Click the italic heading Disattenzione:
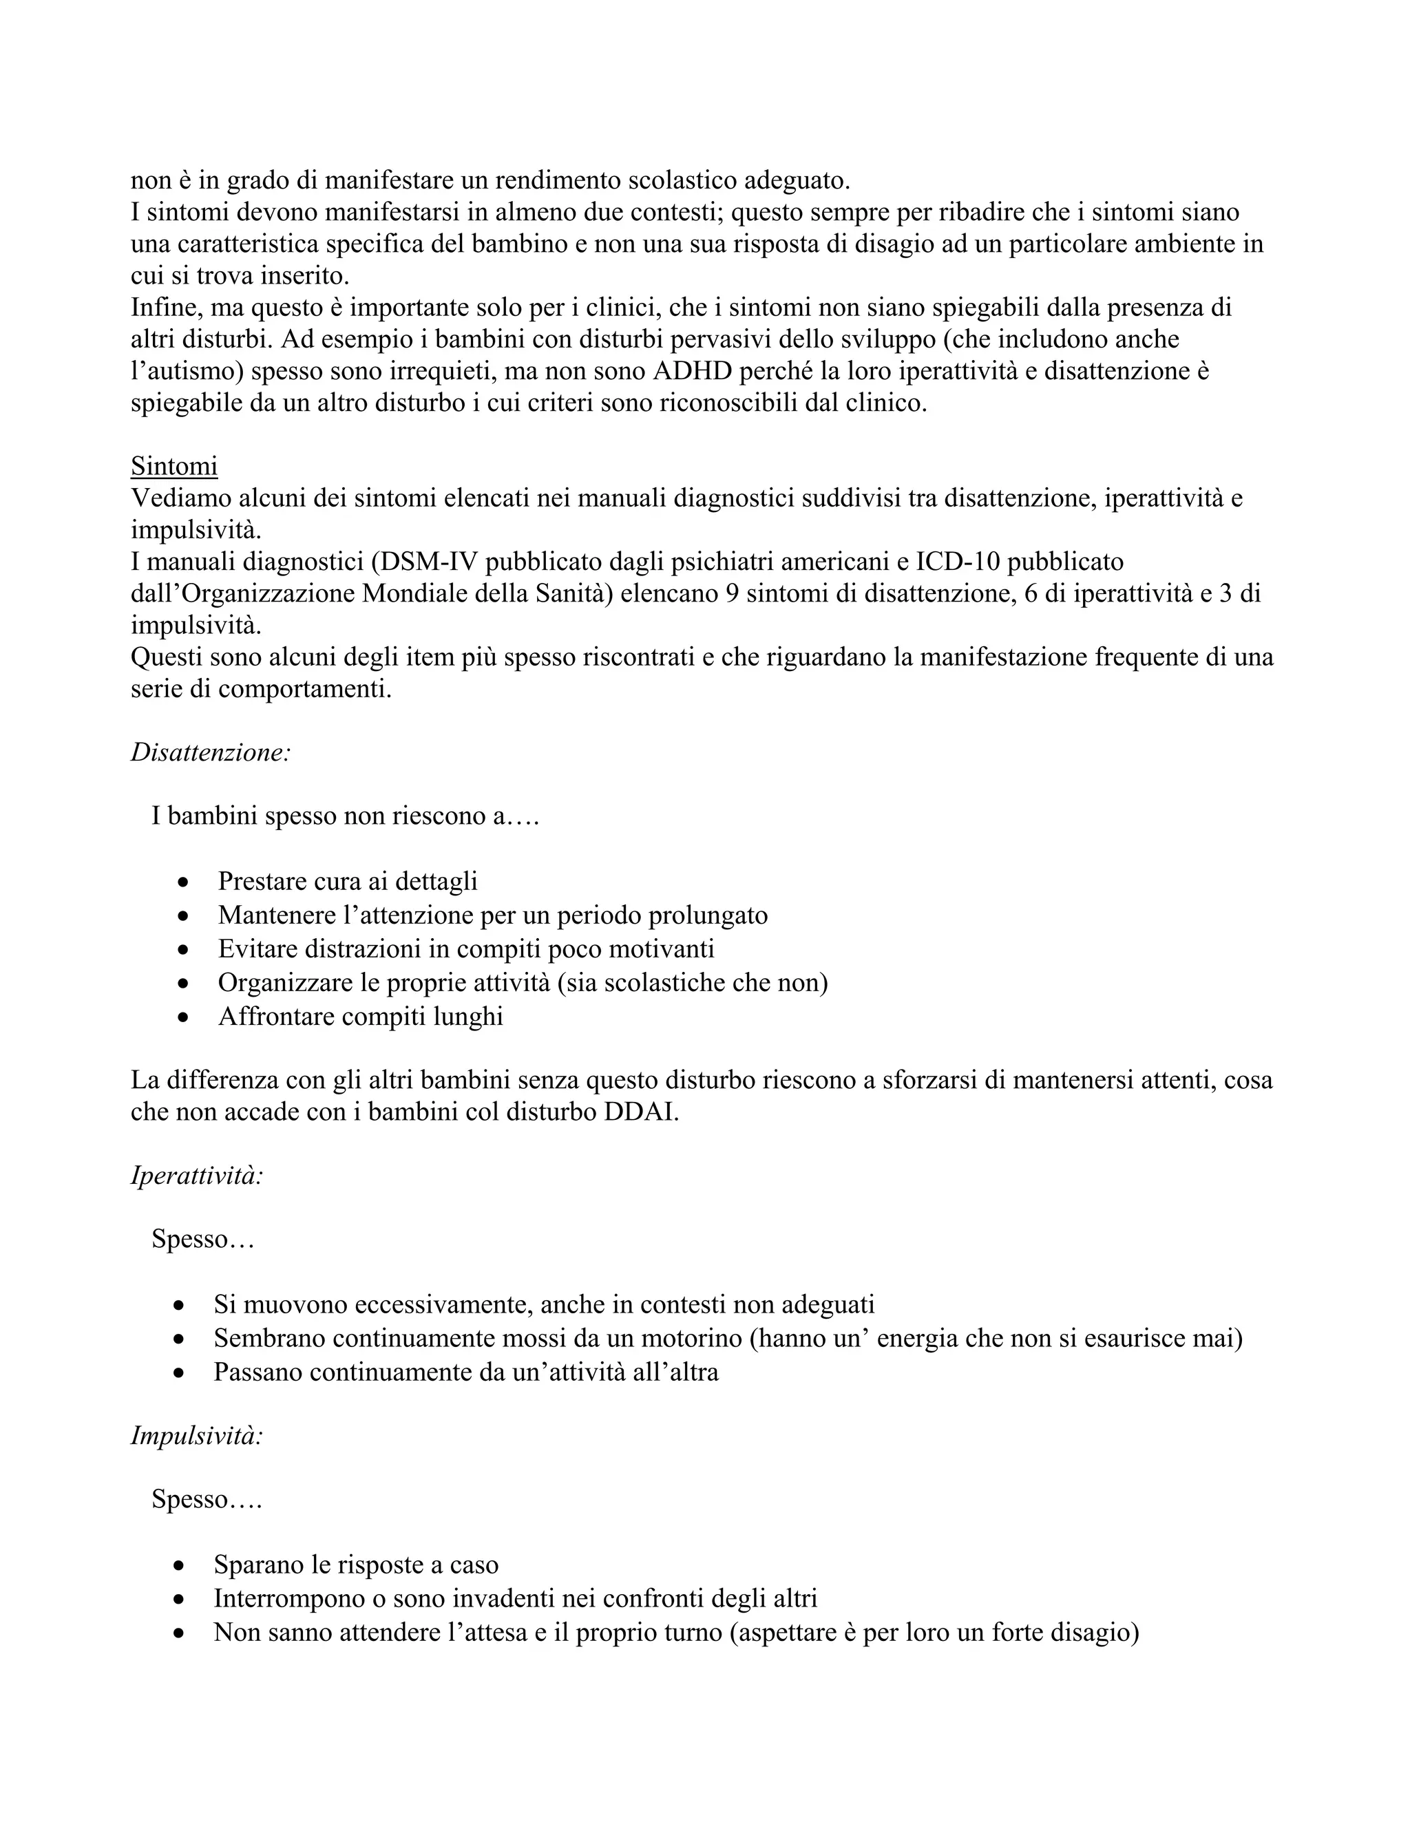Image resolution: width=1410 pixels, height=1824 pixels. pyautogui.click(x=211, y=752)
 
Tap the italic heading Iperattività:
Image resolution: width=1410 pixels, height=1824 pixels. pyautogui.click(x=197, y=1175)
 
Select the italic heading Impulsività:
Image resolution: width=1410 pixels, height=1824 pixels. pyautogui.click(x=197, y=1436)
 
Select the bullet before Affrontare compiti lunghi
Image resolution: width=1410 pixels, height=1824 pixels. pyautogui.click(x=184, y=1018)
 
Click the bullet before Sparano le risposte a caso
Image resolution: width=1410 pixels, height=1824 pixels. pyautogui.click(x=179, y=1566)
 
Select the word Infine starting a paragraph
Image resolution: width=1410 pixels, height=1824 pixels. pyautogui.click(x=165, y=308)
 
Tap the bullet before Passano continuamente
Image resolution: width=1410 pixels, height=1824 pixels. pyautogui.click(x=179, y=1373)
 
